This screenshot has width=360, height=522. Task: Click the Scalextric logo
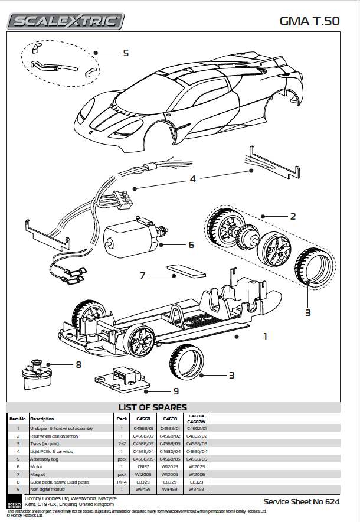pyautogui.click(x=66, y=22)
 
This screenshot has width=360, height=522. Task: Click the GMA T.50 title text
pyautogui.click(x=309, y=22)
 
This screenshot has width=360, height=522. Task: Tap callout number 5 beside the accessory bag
pyautogui.click(x=125, y=53)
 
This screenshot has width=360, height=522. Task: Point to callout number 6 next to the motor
pyautogui.click(x=191, y=244)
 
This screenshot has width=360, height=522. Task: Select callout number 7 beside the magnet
pyautogui.click(x=142, y=275)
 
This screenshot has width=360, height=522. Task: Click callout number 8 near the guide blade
pyautogui.click(x=78, y=364)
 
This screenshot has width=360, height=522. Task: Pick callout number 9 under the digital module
pyautogui.click(x=176, y=390)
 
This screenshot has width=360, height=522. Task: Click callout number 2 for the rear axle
pyautogui.click(x=292, y=216)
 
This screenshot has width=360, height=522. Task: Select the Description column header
pyautogui.click(x=42, y=419)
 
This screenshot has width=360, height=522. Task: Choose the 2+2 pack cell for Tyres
pyautogui.click(x=122, y=443)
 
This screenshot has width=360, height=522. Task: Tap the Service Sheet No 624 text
pyautogui.click(x=302, y=501)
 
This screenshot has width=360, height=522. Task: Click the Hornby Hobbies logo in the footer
pyautogui.click(x=14, y=502)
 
